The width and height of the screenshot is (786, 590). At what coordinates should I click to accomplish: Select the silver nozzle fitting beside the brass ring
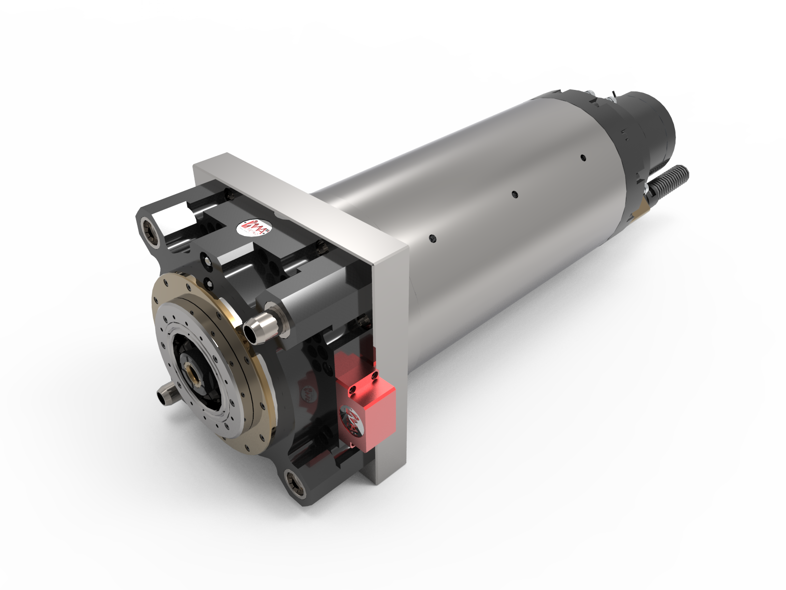click(260, 325)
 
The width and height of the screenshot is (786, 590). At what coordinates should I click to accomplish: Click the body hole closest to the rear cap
click(583, 158)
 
